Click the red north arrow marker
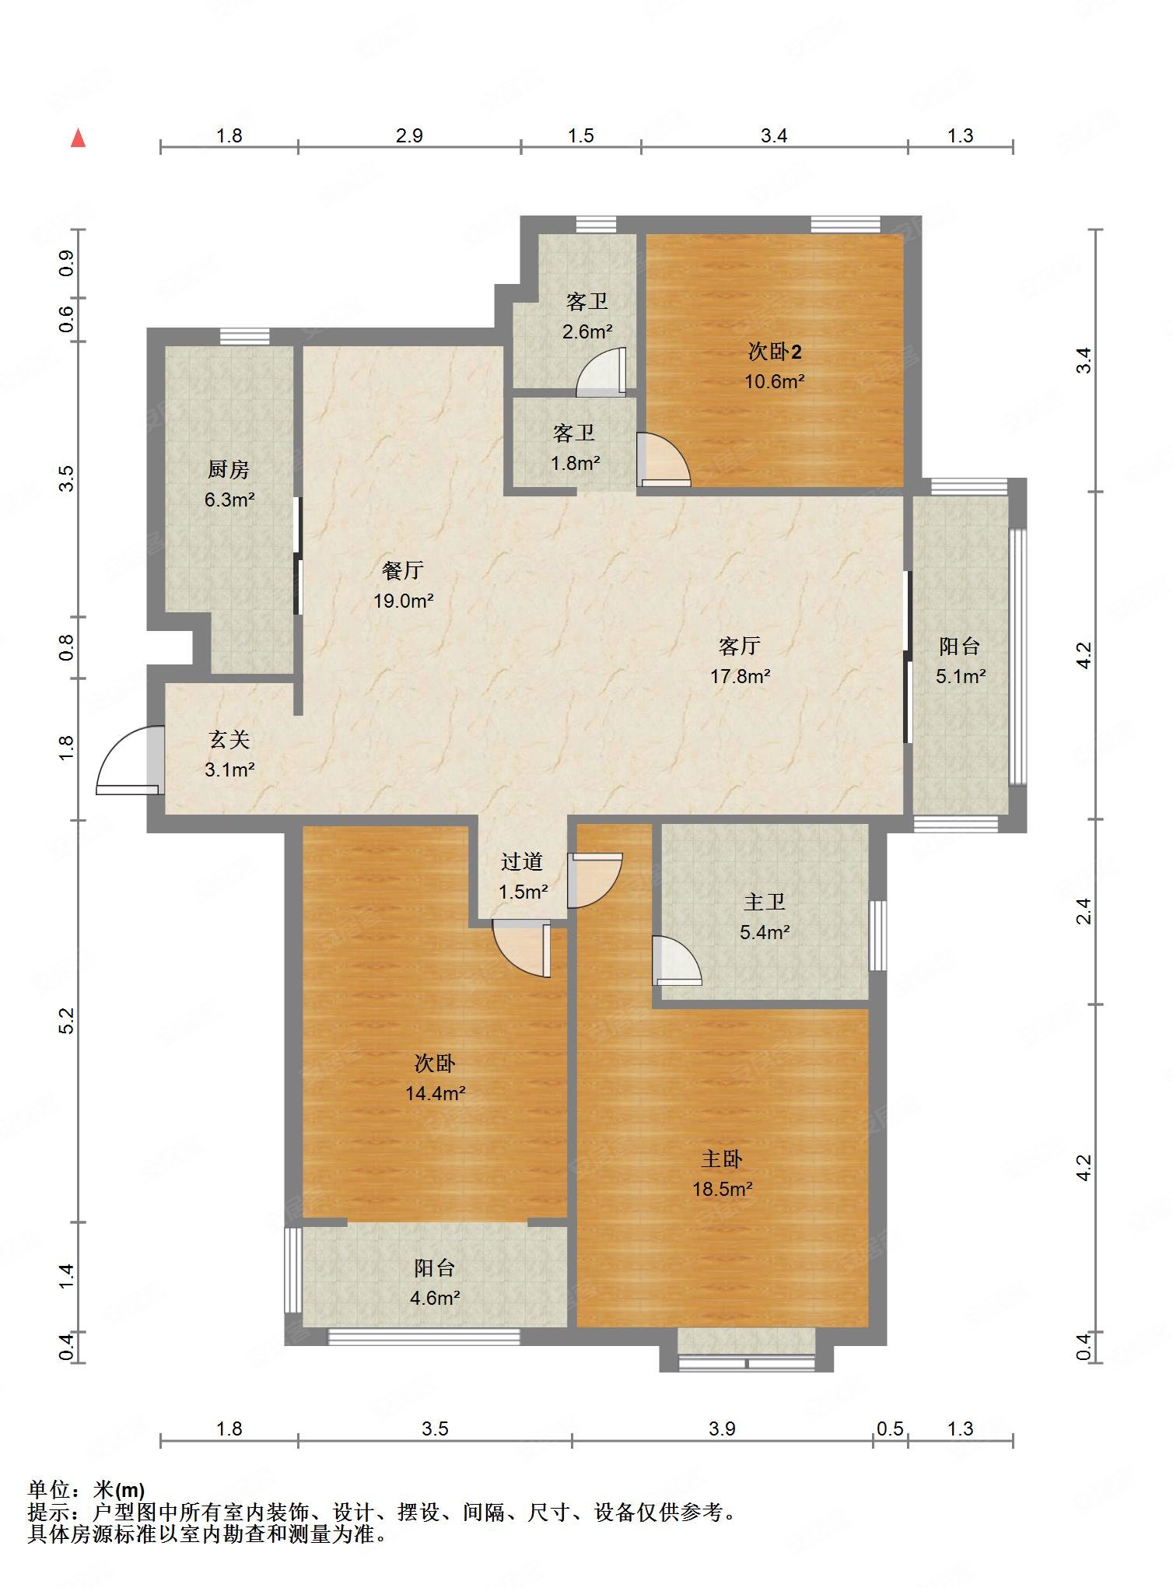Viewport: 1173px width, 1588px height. tap(78, 138)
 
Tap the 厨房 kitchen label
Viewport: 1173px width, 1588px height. tap(229, 470)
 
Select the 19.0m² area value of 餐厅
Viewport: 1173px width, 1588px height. tap(403, 601)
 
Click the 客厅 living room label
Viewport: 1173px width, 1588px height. tap(739, 646)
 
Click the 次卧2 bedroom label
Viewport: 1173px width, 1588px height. tap(775, 352)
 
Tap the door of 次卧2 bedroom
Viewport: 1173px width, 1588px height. tap(664, 461)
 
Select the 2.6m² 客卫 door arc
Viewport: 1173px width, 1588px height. tap(601, 372)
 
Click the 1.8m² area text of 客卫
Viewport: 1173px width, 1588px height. tap(576, 464)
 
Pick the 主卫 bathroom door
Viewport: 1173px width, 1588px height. tap(677, 960)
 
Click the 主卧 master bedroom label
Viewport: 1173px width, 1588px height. tap(722, 1159)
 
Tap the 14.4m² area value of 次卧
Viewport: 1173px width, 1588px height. tap(435, 1093)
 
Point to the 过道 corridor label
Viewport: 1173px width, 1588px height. tap(521, 862)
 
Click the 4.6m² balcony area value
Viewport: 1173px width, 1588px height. tap(435, 1298)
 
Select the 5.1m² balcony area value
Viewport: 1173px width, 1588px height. tap(961, 676)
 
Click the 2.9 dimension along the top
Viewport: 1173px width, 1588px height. tap(409, 136)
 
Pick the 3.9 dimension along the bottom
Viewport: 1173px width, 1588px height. tap(722, 1428)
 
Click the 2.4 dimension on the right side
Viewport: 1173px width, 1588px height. tap(1084, 911)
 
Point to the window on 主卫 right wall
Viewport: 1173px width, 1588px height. tap(877, 935)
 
